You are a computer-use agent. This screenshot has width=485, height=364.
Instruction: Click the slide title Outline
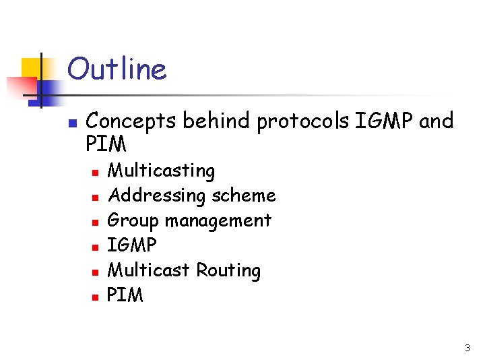(x=117, y=69)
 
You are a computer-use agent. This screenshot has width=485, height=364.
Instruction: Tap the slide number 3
(x=467, y=348)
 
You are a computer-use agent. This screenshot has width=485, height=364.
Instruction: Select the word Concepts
(x=132, y=121)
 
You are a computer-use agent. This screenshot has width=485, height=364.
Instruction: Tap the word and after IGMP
(x=437, y=121)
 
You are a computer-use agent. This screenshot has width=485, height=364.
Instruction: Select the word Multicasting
(x=161, y=171)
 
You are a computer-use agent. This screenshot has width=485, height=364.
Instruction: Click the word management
(x=218, y=220)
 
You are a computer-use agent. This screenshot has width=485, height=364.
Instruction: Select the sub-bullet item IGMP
(x=132, y=245)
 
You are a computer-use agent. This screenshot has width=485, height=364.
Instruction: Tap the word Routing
(x=228, y=270)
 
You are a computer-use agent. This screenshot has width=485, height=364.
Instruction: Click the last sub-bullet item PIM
(x=125, y=295)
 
